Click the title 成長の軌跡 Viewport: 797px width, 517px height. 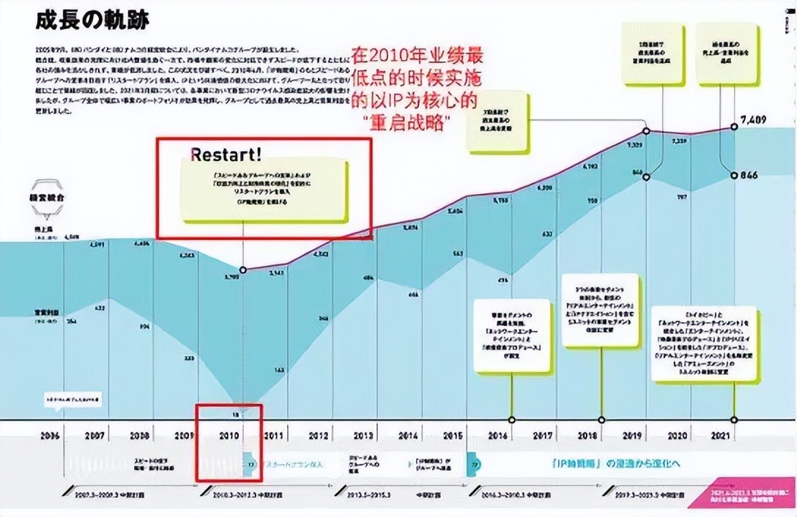point(92,21)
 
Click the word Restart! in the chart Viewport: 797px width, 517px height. point(226,155)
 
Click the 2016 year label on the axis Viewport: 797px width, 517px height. point(498,436)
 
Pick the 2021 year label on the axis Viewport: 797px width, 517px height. point(722,436)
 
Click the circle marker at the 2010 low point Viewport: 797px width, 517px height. point(243,269)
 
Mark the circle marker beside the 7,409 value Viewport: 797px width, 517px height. point(735,127)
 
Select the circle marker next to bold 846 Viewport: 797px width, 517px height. point(735,176)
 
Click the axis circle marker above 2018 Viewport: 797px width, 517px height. point(601,420)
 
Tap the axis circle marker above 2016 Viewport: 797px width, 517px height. point(511,420)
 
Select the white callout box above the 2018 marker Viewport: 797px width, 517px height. point(600,310)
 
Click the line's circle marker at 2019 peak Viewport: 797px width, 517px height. point(646,131)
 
